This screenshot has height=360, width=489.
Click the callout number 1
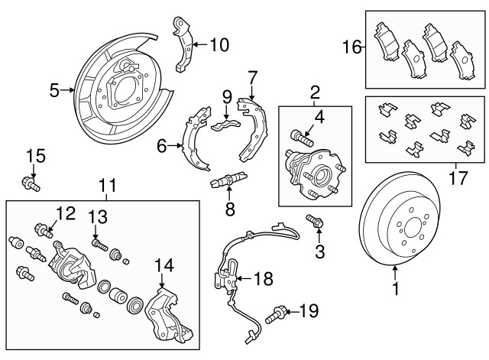(395, 289)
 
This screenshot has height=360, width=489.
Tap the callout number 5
(54, 91)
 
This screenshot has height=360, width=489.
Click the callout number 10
(218, 44)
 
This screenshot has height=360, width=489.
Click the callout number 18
(263, 279)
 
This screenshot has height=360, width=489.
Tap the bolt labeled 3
(314, 222)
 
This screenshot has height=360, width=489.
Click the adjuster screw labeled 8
(227, 183)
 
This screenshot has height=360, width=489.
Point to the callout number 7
(252, 76)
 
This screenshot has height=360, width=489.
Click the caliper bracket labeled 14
(170, 316)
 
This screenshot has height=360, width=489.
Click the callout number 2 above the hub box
(314, 93)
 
